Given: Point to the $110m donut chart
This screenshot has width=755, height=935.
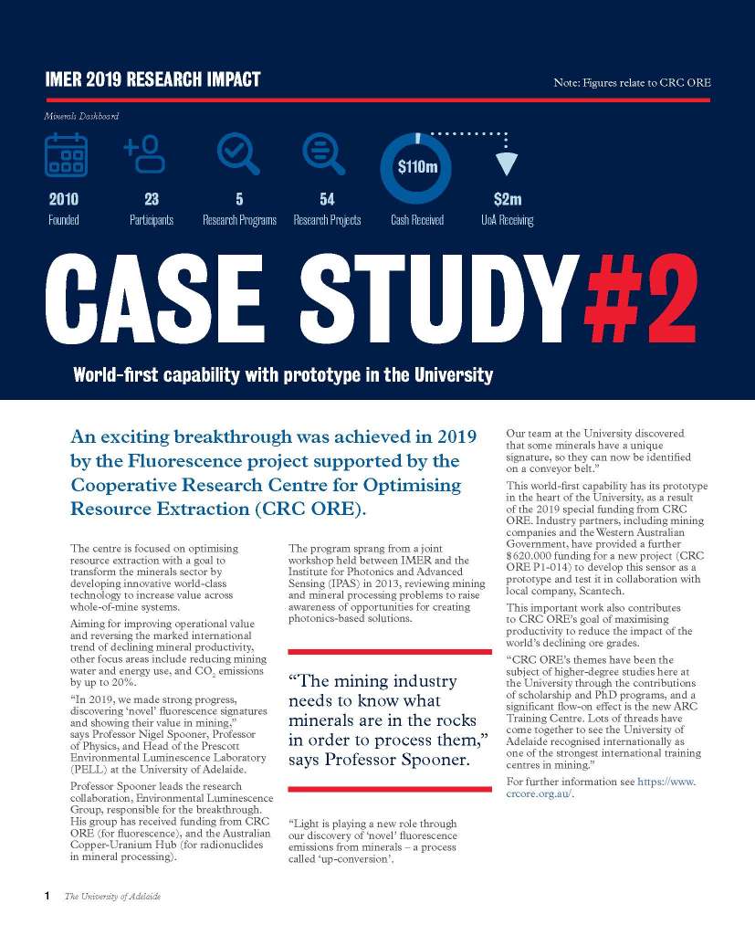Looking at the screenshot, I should (416, 168).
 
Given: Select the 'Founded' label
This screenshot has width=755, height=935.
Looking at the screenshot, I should (64, 220).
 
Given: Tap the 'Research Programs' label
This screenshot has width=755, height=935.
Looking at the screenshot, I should (239, 220).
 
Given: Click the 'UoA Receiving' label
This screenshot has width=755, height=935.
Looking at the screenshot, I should (508, 220).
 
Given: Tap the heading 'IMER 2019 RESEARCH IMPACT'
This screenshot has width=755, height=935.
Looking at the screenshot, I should (152, 79).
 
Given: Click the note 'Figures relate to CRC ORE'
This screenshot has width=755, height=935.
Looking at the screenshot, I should (632, 83).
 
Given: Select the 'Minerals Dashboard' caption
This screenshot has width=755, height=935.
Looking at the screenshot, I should (81, 117).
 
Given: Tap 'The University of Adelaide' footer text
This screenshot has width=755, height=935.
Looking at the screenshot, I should (112, 897).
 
